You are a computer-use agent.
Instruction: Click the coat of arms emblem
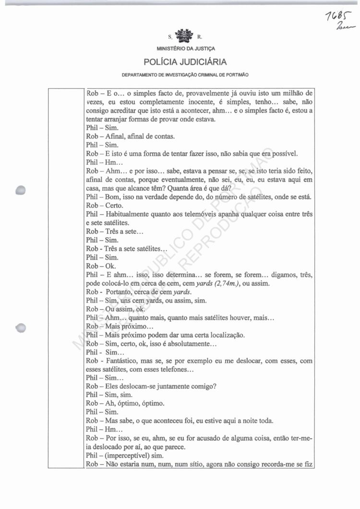[185, 36]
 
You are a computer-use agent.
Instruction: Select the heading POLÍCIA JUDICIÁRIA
[185, 62]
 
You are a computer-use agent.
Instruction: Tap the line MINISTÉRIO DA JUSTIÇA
[186, 49]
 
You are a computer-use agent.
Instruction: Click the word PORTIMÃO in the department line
[236, 75]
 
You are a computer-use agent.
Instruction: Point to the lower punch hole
[21, 328]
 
